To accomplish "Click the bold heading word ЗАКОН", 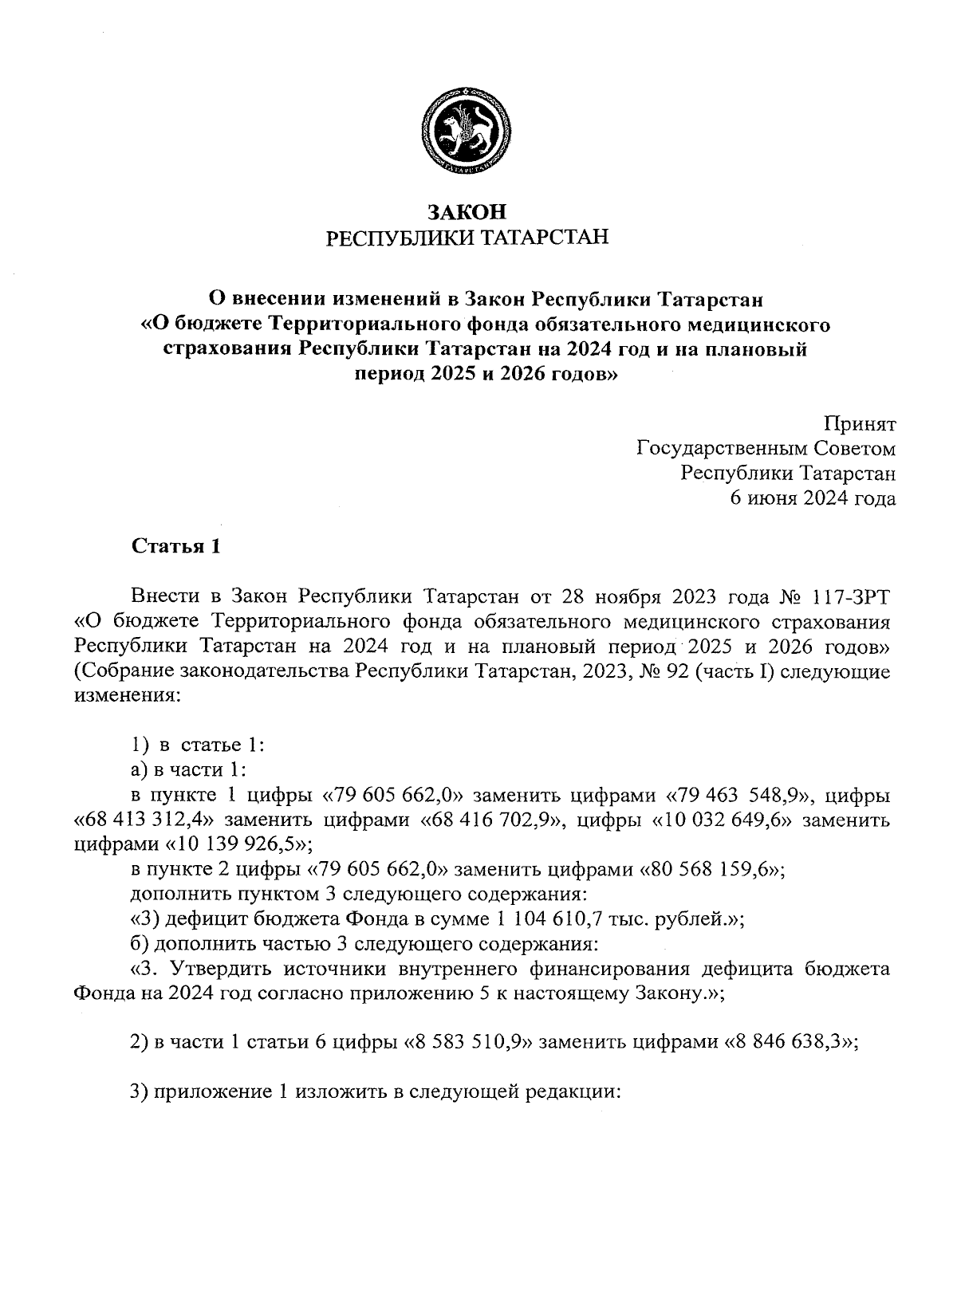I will coord(468,212).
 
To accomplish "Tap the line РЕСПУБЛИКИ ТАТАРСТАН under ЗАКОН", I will coord(468,238).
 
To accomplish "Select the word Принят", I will coord(861,423).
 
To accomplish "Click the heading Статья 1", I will coord(175,548).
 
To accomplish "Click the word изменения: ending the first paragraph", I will coord(128,696).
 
